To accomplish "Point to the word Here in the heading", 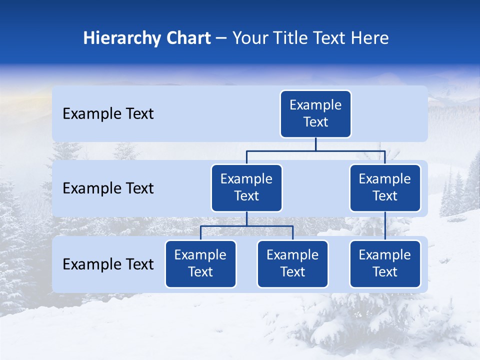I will (370, 38).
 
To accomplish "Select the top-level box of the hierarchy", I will (315, 114).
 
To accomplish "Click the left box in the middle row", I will (246, 188).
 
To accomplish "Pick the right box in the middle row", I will (385, 188).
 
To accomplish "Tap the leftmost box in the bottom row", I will (200, 264).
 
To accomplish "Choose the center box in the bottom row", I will (292, 264).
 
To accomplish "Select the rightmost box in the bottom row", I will (385, 264).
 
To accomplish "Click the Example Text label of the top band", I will (108, 114).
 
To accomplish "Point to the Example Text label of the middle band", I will (108, 188).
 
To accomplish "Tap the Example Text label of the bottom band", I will (108, 264).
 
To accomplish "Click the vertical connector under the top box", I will (315, 144).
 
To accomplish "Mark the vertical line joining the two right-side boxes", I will (385, 226).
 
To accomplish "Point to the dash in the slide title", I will (221, 38).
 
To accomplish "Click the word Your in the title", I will (249, 38).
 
